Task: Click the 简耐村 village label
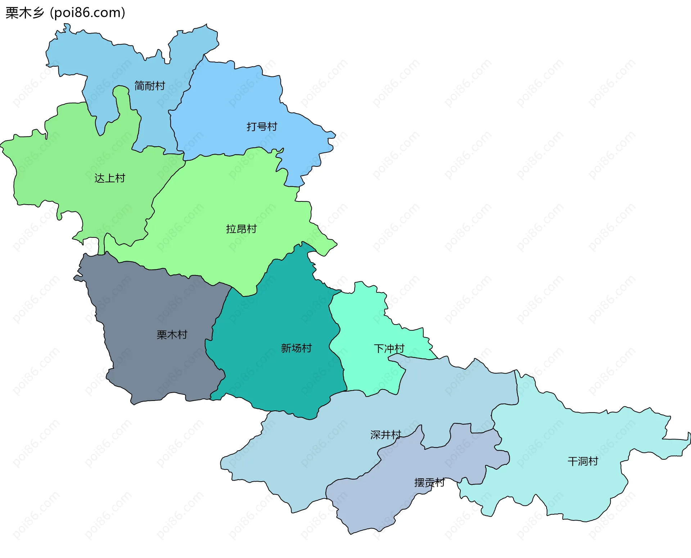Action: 149,86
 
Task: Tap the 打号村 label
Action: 262,127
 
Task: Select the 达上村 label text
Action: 109,178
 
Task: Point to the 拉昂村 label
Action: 241,229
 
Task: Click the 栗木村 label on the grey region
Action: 172,335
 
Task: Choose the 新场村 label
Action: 296,348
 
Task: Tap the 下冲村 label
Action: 389,349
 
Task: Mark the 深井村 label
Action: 385,435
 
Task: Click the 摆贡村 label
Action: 429,483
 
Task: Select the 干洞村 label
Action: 582,461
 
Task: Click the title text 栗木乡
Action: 25,13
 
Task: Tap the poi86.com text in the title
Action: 87,13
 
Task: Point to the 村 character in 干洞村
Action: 593,461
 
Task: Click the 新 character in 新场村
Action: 286,348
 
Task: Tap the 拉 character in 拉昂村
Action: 231,229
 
